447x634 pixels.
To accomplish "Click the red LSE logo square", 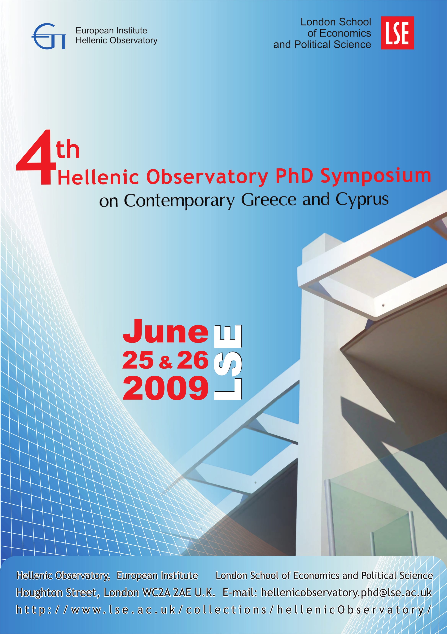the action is (x=397, y=33).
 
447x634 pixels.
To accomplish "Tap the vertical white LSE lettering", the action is (x=228, y=362).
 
